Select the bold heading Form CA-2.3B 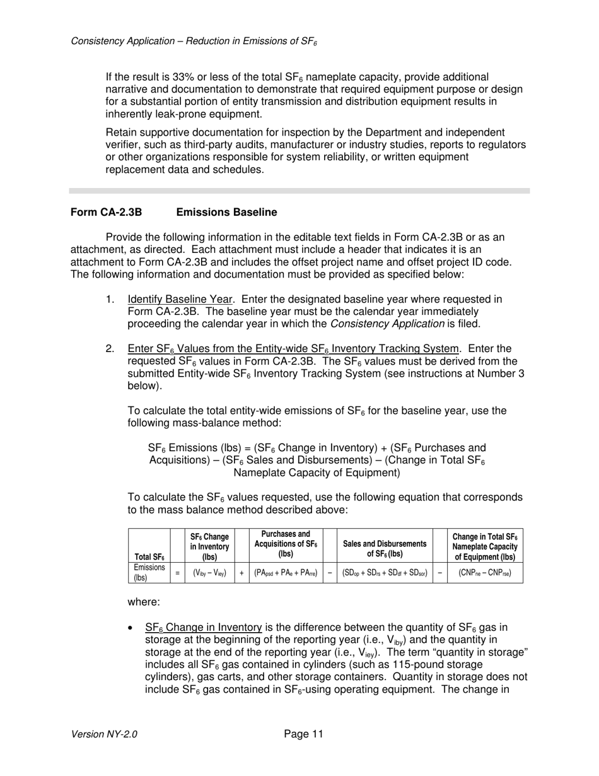point(106,213)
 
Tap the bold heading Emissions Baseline point(226,213)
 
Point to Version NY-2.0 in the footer point(104,734)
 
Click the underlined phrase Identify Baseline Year point(182,299)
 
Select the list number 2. point(110,349)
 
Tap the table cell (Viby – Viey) point(209,573)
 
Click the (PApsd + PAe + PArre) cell point(286,573)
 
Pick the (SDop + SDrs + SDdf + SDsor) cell point(385,573)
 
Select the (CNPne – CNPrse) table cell point(484,573)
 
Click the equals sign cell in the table point(177,573)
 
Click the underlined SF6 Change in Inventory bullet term point(203,628)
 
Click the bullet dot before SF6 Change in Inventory point(131,628)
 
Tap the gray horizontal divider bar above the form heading point(299,191)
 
